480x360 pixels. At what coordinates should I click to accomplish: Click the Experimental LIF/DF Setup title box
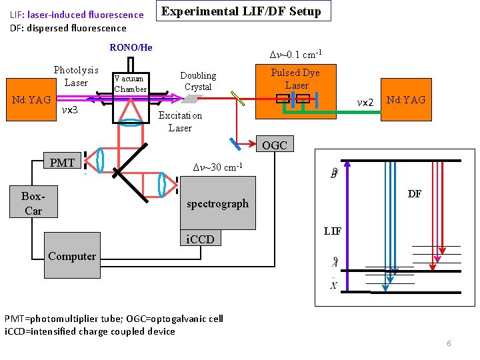[242, 12]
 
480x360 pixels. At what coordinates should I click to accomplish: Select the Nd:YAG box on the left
[31, 100]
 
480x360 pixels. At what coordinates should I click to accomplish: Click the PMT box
[62, 162]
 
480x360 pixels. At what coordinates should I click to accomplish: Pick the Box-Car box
[33, 203]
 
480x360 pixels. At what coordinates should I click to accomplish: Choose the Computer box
[72, 256]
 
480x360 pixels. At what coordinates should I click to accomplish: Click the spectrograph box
[217, 203]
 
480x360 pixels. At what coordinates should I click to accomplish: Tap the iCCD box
[200, 239]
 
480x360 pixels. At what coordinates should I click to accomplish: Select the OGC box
[275, 145]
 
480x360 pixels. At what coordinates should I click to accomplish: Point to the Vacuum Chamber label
[130, 84]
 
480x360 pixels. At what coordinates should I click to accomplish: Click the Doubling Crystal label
[198, 81]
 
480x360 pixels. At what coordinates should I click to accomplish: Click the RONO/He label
[131, 47]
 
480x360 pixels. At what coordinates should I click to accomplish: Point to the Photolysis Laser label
[76, 76]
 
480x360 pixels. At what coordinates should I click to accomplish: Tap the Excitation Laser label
[180, 121]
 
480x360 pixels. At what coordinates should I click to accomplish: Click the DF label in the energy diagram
[415, 194]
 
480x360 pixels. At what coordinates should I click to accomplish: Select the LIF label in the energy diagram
[332, 231]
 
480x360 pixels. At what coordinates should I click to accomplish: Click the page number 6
[449, 343]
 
